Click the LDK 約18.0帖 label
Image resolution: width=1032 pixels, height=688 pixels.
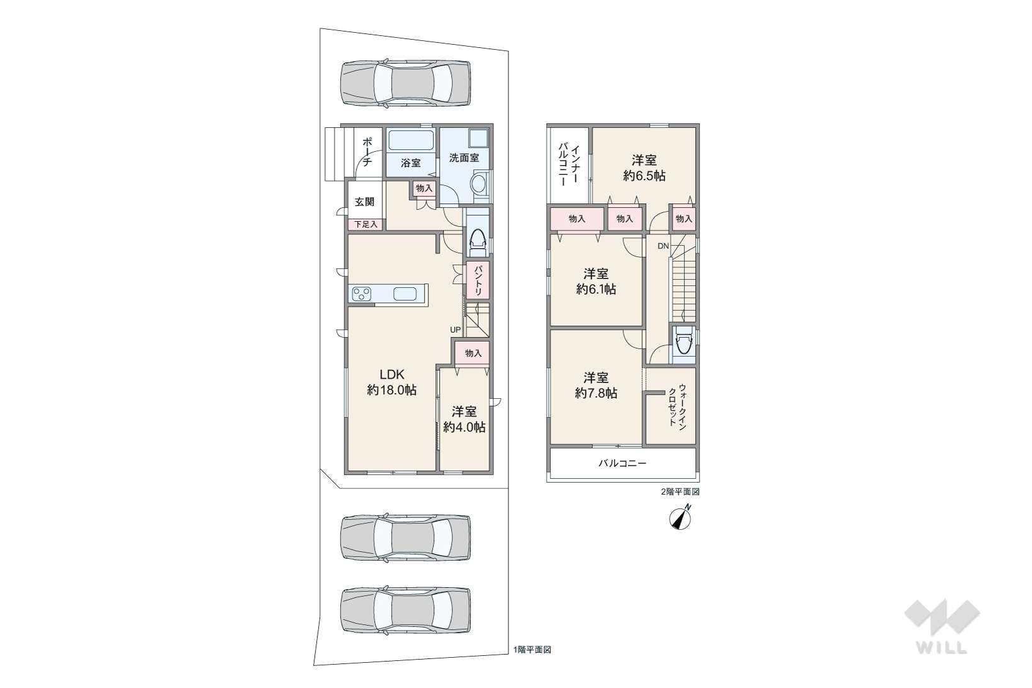click(x=392, y=382)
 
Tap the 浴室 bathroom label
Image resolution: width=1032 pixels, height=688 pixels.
click(x=411, y=163)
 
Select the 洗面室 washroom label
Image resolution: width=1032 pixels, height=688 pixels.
click(x=464, y=158)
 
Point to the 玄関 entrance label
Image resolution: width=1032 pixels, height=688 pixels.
click(x=364, y=202)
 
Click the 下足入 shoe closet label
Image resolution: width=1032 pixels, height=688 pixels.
click(x=366, y=224)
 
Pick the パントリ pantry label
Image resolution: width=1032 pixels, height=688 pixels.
click(x=478, y=280)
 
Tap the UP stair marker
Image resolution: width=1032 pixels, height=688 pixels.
click(x=455, y=330)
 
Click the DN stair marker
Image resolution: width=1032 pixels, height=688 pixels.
click(x=663, y=246)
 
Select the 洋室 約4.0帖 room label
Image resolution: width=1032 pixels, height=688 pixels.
click(x=464, y=419)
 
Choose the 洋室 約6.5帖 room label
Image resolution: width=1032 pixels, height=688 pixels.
click(x=644, y=168)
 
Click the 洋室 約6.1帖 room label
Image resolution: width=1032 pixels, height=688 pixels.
click(x=596, y=281)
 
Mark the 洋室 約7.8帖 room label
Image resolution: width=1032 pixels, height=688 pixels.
click(x=596, y=385)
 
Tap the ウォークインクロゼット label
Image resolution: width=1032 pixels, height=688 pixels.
click(x=677, y=407)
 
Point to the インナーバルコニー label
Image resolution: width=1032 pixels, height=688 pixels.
click(x=568, y=164)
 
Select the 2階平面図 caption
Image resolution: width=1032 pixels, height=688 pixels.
click(x=680, y=491)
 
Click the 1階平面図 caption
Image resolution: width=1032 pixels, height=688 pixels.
click(x=532, y=650)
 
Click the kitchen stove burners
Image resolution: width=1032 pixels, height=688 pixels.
click(x=362, y=294)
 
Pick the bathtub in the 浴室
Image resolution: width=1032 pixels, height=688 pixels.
click(x=410, y=140)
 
